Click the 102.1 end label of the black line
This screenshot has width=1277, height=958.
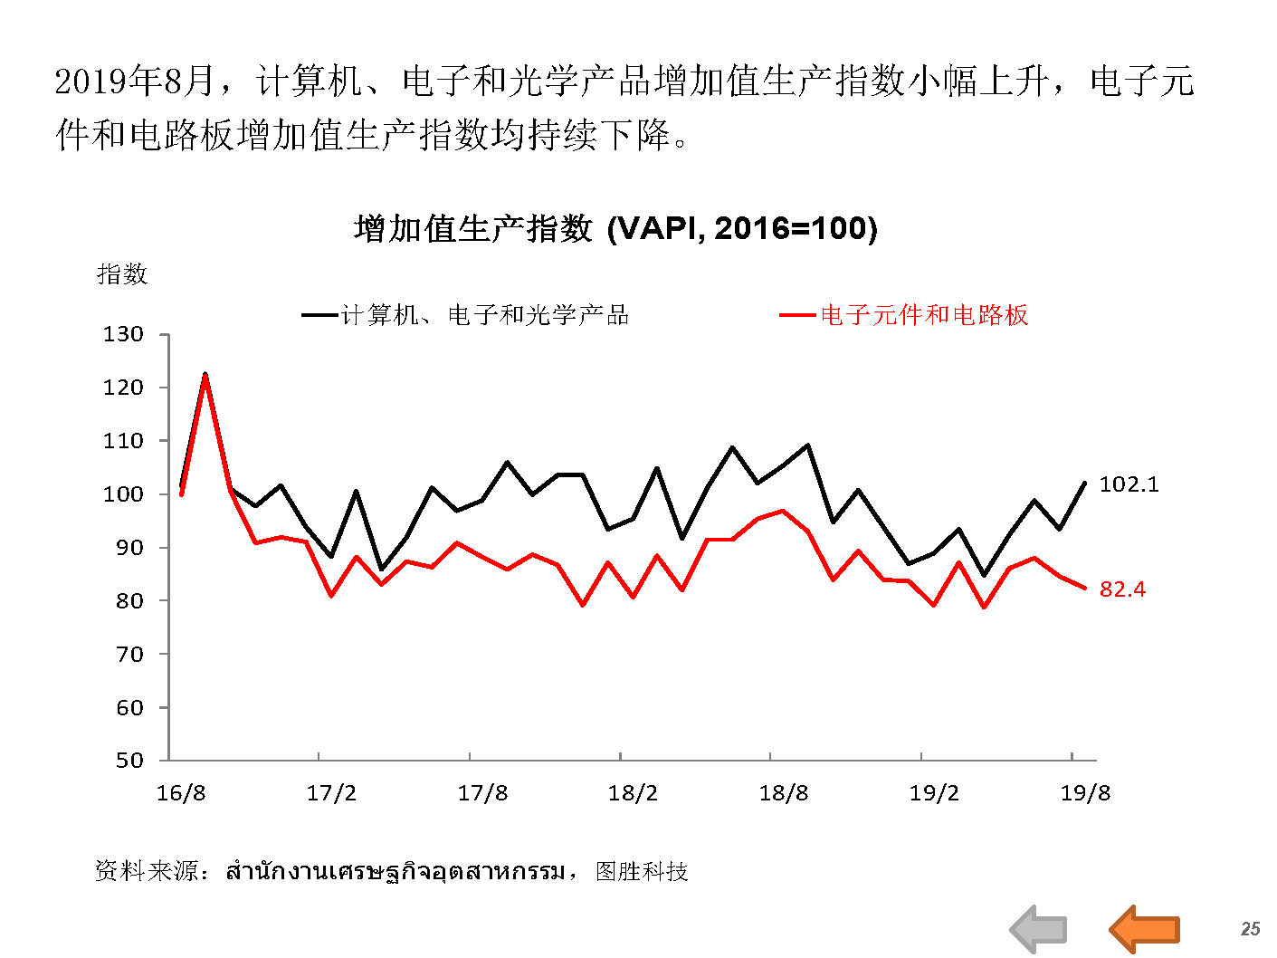point(1128,484)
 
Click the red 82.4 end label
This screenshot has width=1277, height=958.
point(1121,589)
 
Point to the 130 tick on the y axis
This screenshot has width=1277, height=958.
point(123,334)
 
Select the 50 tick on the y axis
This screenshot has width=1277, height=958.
point(129,761)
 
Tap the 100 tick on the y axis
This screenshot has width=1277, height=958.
point(123,494)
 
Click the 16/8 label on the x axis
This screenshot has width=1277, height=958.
point(181,793)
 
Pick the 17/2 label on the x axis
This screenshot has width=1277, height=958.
point(331,793)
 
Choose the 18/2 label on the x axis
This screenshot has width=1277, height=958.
point(633,793)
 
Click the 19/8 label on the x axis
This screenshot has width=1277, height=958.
point(1085,793)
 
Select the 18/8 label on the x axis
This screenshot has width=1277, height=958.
point(784,793)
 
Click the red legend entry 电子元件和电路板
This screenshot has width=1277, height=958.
point(923,315)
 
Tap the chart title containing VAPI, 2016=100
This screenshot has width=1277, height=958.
point(615,228)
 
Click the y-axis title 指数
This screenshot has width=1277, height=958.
point(122,273)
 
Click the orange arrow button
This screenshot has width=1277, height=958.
point(1145,929)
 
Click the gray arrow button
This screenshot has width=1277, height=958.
point(1039,929)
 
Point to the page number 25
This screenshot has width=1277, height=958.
point(1250,929)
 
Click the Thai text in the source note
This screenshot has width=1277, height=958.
point(395,871)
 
